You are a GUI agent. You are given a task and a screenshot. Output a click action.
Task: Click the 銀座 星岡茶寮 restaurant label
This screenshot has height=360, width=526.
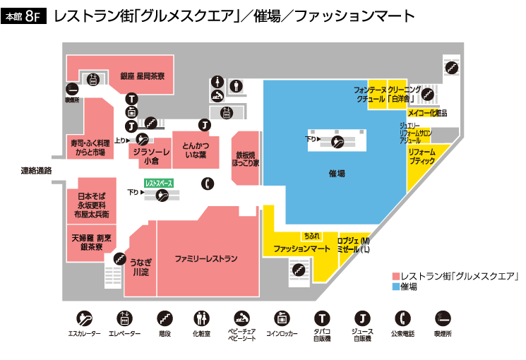pos(143,76)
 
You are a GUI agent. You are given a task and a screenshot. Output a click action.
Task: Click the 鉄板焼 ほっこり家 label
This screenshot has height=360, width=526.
pos(246,157)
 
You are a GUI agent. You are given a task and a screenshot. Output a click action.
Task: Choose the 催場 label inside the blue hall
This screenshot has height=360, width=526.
pos(337,172)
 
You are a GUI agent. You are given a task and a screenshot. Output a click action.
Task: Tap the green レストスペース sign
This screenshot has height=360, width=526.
pos(158,183)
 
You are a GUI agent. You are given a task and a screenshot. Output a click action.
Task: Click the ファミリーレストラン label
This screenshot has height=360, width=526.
pos(206,258)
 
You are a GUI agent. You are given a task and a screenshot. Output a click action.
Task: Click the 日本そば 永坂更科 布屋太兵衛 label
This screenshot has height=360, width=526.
pos(90,204)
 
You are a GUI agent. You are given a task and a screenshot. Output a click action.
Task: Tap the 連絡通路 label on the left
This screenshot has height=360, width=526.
pos(36,170)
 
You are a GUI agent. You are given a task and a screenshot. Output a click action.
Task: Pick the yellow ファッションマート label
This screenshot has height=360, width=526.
pos(301,249)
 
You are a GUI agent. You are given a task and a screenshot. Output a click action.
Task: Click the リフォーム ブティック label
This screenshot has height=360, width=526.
pos(422,157)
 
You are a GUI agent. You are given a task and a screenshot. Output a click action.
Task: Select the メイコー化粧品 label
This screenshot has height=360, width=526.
pos(426,113)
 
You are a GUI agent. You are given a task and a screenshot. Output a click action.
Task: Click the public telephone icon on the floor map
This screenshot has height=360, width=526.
pos(207,184)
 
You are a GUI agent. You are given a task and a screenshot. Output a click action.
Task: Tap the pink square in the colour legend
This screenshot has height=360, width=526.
pos(395,276)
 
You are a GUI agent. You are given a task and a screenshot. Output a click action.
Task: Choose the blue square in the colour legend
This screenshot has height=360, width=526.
pos(395,287)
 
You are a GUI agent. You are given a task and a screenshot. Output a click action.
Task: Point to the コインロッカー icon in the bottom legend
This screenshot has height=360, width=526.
pos(281,318)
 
